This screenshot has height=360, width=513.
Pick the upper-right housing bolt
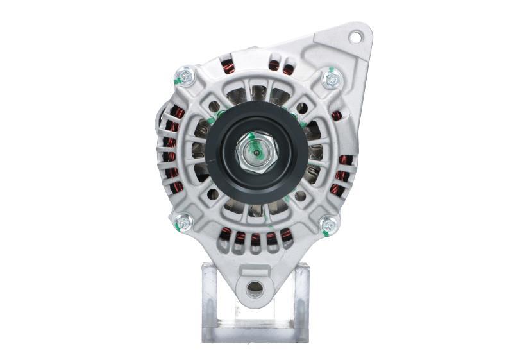pos(332,79)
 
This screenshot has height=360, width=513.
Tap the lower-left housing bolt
pos(183,222)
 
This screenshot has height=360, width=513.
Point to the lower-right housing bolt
pos(328,224)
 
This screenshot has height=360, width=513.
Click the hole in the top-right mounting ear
pos(355,37)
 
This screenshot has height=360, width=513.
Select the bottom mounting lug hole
pos(255,289)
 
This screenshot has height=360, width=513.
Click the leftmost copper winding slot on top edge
pos(228,64)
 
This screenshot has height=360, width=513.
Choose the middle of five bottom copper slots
pos(255,239)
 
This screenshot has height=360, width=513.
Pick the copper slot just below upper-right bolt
pos(337,115)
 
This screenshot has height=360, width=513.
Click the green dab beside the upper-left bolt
pos(176,81)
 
